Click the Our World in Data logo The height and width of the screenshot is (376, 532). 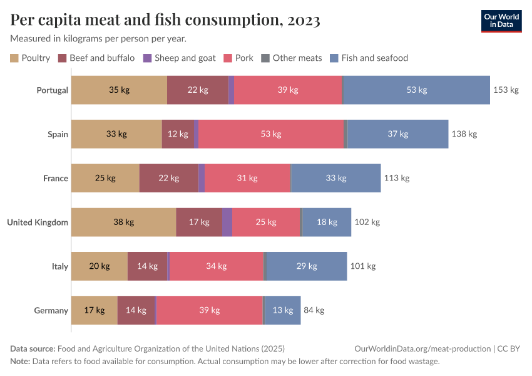[501, 21]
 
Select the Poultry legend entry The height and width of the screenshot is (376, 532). [30, 58]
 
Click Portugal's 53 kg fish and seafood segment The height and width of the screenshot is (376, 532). [416, 90]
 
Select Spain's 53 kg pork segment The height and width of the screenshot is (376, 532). [271, 134]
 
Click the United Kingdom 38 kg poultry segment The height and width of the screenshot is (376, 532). [123, 222]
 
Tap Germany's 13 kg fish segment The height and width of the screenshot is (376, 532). [283, 310]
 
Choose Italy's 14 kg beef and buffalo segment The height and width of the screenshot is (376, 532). [147, 266]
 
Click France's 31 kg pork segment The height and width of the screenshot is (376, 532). [247, 178]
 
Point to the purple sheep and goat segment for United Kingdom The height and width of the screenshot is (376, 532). [227, 222]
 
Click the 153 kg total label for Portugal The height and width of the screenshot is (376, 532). [506, 90]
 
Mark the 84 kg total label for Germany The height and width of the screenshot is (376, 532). [314, 310]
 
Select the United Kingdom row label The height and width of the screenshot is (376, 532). [37, 222]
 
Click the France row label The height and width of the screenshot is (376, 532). [55, 178]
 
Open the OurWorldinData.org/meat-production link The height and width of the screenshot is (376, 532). [422, 349]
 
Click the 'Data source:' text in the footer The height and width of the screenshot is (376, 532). [33, 349]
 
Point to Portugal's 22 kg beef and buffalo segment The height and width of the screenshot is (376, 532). [197, 90]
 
